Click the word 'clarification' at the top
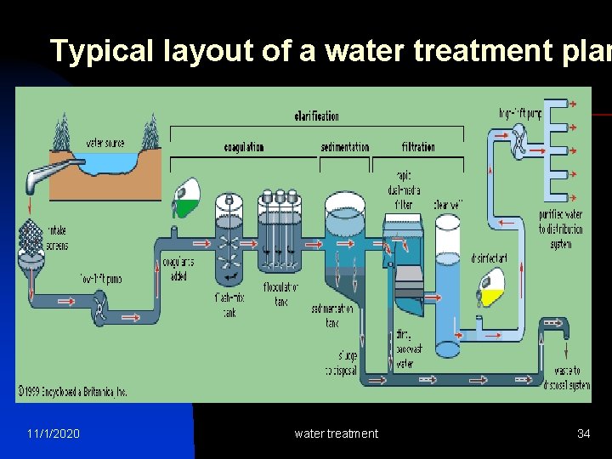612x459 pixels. (x=316, y=116)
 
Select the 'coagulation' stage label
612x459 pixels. (x=244, y=147)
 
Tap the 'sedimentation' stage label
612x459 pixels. (x=345, y=147)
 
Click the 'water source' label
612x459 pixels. (x=105, y=143)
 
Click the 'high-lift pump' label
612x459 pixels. (x=520, y=113)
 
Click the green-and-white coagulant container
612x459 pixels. (x=187, y=197)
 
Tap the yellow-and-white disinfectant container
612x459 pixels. (x=492, y=288)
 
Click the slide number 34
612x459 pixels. (x=583, y=433)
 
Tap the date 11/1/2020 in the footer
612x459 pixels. (x=54, y=433)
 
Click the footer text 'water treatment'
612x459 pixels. (x=336, y=433)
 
